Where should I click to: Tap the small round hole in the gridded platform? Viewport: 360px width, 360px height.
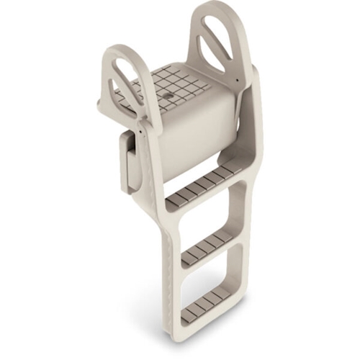point(168,93)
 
